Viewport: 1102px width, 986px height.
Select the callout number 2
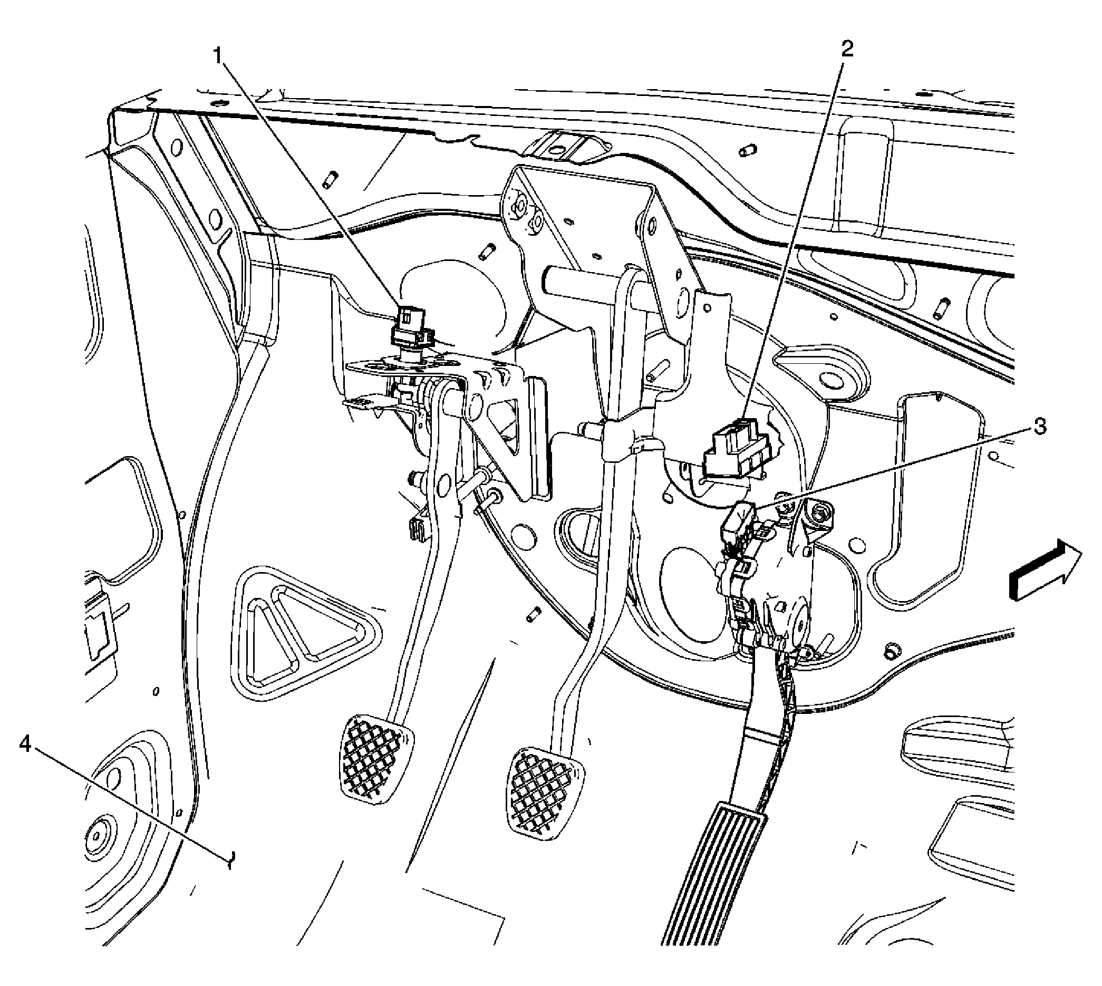[846, 49]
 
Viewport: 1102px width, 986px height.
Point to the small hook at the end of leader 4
[230, 858]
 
